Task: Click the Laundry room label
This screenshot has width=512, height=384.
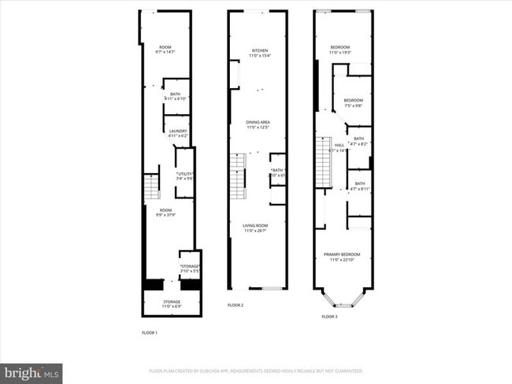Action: (177, 133)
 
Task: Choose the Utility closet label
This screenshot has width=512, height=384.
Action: (185, 176)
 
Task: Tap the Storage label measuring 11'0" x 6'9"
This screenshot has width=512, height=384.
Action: (171, 304)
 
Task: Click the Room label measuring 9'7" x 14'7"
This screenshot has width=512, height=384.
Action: (165, 50)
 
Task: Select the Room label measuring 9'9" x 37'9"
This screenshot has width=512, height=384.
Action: (165, 212)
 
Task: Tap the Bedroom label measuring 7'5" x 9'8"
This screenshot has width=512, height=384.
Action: (354, 102)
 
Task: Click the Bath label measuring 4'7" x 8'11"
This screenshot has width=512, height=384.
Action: (359, 186)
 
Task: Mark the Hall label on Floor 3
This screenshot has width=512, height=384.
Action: (339, 146)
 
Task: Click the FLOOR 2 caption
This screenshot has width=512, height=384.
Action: (236, 305)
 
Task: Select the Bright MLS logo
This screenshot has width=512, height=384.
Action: (32, 371)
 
